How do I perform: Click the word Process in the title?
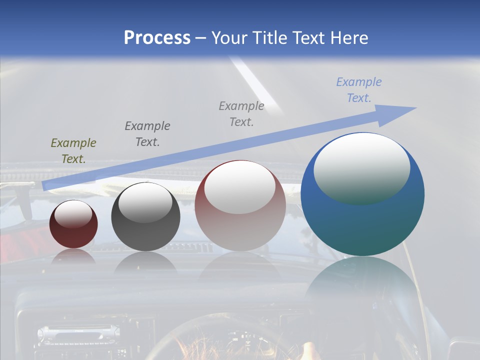click(x=157, y=38)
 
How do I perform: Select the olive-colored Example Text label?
click(x=73, y=151)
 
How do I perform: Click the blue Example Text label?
click(x=359, y=90)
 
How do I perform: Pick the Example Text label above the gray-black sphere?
click(x=147, y=133)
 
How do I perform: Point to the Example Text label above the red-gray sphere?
click(x=241, y=113)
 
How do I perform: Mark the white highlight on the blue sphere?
click(x=361, y=167)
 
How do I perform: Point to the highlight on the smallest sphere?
click(x=73, y=214)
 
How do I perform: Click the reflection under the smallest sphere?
click(x=73, y=256)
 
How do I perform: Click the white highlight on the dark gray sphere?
click(x=145, y=202)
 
